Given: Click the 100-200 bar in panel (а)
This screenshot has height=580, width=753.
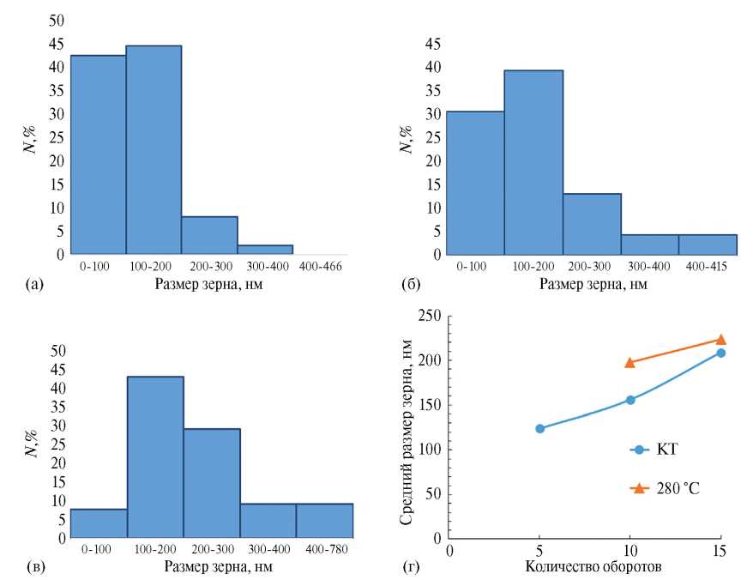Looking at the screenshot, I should coord(154,150).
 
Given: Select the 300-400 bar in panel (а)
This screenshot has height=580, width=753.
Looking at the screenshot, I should coord(265,250).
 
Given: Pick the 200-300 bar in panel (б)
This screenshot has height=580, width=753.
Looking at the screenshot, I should coord(592,224).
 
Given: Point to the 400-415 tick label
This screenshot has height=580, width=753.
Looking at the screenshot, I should coord(707,268).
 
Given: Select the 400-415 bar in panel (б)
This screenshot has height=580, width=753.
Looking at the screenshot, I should coord(707,245).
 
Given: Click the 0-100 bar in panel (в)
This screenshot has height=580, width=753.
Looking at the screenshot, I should coord(99,524).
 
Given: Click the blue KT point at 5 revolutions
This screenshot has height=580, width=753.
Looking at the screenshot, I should coord(540,428).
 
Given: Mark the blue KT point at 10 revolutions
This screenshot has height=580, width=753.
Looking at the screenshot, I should coord(630,400).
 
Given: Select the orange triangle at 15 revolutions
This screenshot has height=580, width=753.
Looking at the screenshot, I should coord(720,340).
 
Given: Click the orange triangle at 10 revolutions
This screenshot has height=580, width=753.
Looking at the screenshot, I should coord(630,362).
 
